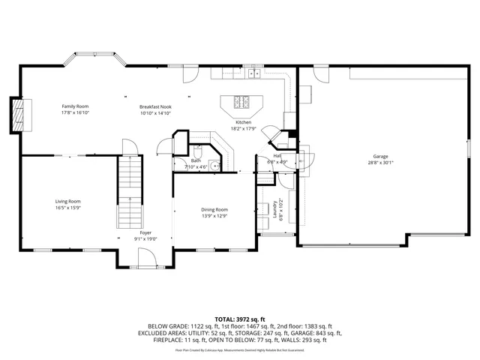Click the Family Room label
click(x=75, y=106)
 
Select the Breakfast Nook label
click(x=155, y=106)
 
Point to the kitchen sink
click(x=254, y=73)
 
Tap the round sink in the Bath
click(x=214, y=166)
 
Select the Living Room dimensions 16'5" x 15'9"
click(x=67, y=208)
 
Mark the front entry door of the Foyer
click(x=145, y=258)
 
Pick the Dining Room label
click(x=214, y=209)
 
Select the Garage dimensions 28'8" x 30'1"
click(x=379, y=163)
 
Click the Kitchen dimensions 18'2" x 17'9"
click(x=244, y=128)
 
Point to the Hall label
click(x=277, y=155)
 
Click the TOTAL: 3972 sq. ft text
click(x=239, y=319)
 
